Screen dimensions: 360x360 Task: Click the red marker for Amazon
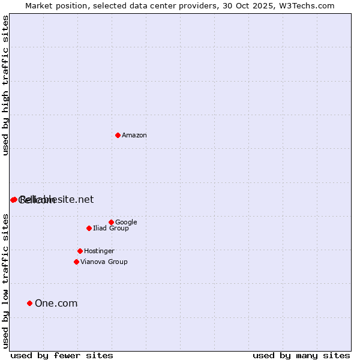click(118, 135)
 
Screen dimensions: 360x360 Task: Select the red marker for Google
click(111, 222)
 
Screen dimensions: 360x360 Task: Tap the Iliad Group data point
click(89, 228)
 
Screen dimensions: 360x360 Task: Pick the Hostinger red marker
click(80, 251)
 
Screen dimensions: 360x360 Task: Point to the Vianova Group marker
click(76, 262)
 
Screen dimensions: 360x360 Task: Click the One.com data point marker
click(29, 303)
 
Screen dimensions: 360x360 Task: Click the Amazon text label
click(134, 136)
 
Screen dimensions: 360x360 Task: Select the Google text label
click(126, 223)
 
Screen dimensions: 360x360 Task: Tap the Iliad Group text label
click(111, 229)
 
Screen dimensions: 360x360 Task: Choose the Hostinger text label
click(99, 251)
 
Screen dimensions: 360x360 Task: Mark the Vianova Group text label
click(104, 262)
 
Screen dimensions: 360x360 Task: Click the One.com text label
click(56, 304)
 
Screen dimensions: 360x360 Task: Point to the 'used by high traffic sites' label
click(6, 85)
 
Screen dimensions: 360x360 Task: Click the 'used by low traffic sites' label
click(6, 280)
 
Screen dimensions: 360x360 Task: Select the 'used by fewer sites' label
click(62, 356)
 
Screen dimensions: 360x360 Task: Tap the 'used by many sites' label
click(301, 356)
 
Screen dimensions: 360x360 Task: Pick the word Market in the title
click(38, 5)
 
